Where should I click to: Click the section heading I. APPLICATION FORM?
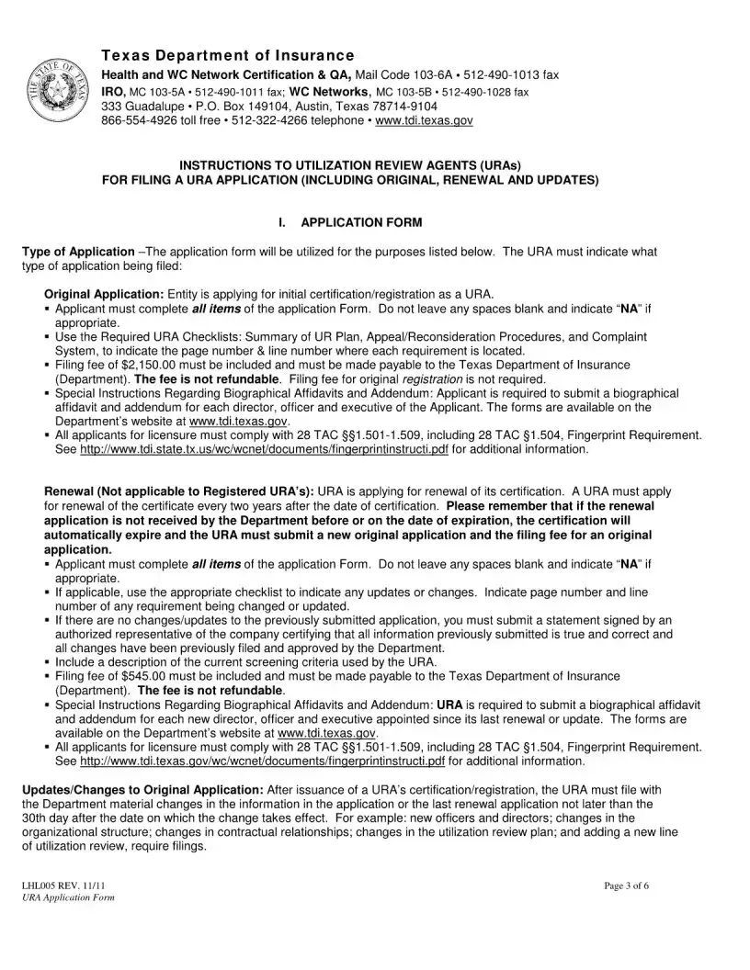(x=349, y=222)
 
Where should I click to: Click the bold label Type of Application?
(x=78, y=252)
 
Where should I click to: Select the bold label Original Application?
(x=104, y=294)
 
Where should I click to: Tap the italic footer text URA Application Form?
(x=68, y=897)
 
